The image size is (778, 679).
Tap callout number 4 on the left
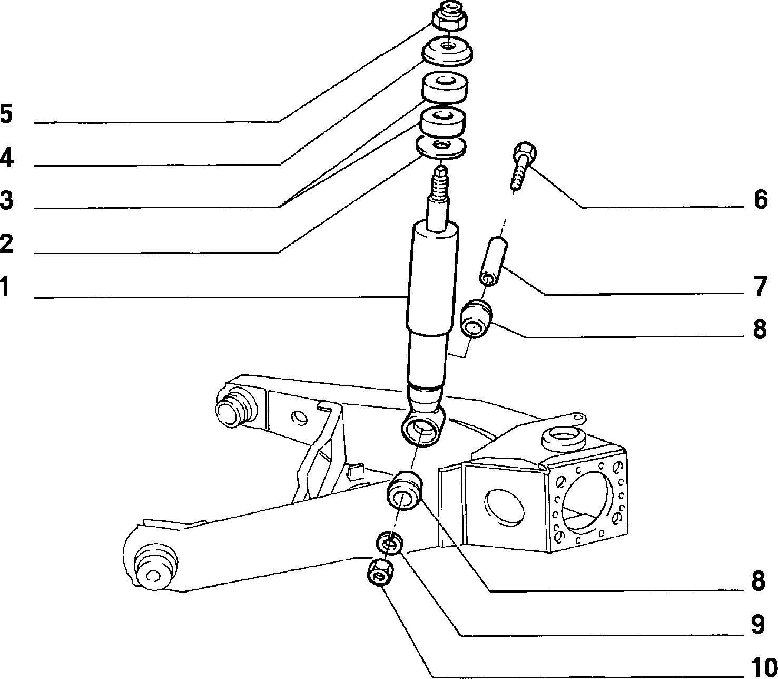6,158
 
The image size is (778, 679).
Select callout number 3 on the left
6,200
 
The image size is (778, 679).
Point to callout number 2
6,243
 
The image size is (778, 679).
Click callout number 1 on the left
5,287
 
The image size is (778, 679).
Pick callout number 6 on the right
761,199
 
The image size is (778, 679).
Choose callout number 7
761,286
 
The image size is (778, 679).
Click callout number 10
764,667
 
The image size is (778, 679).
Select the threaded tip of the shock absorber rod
441,181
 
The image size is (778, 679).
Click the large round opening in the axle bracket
587,502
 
